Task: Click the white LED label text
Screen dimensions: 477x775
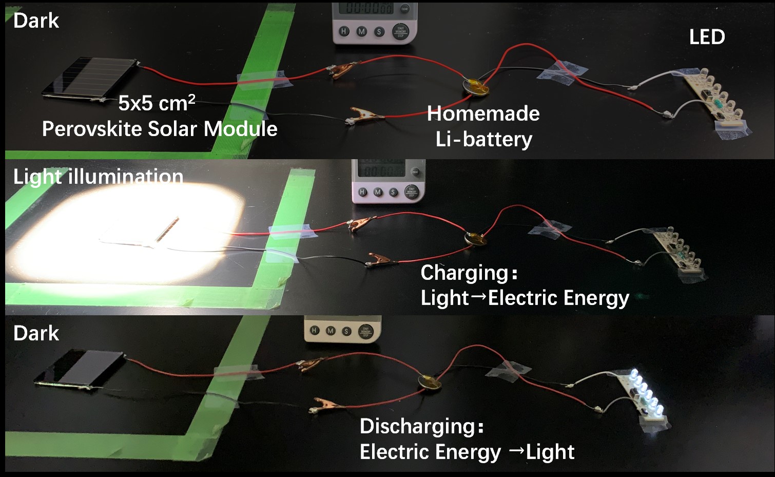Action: pyautogui.click(x=707, y=37)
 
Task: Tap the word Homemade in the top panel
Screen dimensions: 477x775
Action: pyautogui.click(x=483, y=113)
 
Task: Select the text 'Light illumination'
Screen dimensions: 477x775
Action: pyautogui.click(x=98, y=177)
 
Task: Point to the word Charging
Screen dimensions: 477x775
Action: pyautogui.click(x=465, y=273)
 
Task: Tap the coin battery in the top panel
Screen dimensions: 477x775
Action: pyautogui.click(x=476, y=87)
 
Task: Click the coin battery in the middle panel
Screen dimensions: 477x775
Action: pyautogui.click(x=475, y=238)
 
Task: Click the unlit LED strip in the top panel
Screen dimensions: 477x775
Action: pyautogui.click(x=713, y=98)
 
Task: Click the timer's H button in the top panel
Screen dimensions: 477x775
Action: pyautogui.click(x=344, y=31)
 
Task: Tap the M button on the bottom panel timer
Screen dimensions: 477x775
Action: pyautogui.click(x=331, y=331)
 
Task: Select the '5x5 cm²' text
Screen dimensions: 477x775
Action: pyautogui.click(x=157, y=103)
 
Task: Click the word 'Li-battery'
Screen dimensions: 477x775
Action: pyautogui.click(x=483, y=139)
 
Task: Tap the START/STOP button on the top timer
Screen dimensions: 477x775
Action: pyautogui.click(x=400, y=31)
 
